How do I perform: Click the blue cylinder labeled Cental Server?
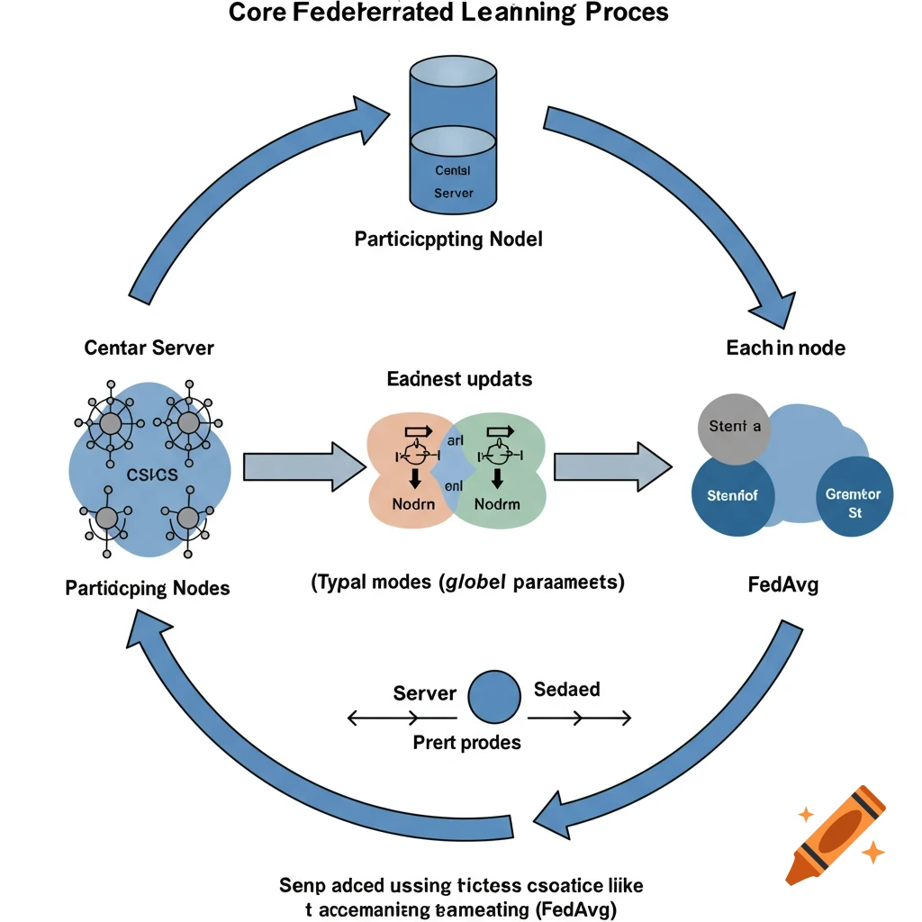coord(453,135)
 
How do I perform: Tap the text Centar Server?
coord(149,347)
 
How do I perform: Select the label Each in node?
coord(785,347)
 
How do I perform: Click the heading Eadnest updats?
coord(459,378)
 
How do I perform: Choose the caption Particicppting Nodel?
coord(448,240)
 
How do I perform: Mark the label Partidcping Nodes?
coord(148,588)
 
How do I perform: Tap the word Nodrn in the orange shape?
coord(413,503)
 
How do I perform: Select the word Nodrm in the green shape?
coord(497,503)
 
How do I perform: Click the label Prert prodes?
coord(466,743)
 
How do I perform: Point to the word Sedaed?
coord(567,690)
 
